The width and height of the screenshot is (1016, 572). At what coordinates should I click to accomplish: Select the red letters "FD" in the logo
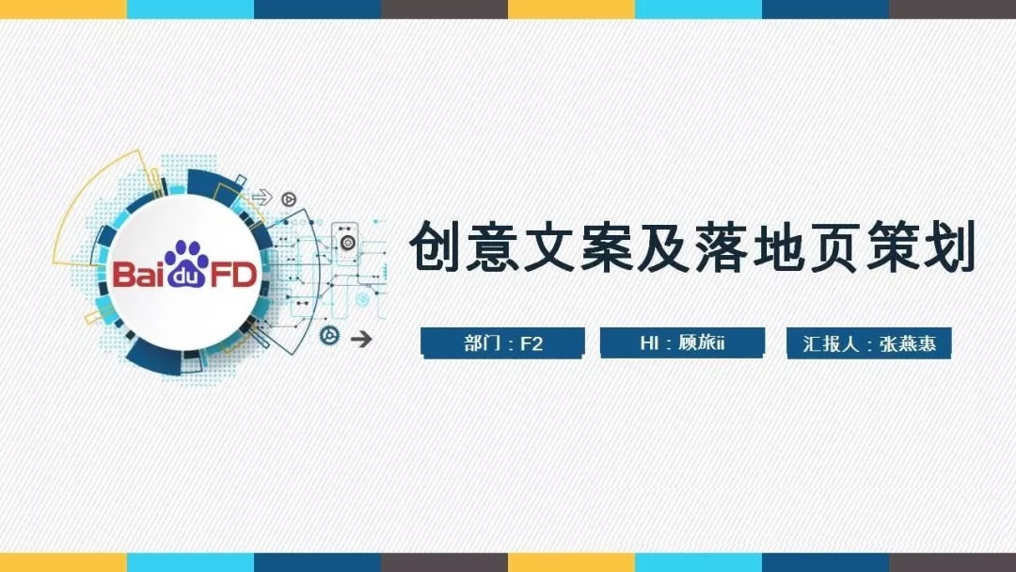pos(233,276)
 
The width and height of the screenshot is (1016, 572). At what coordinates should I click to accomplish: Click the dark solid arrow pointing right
pos(361,338)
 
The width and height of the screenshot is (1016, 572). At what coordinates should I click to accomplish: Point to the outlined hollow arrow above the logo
pos(262,197)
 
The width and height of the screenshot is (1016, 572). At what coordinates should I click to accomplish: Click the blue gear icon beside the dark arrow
pos(330,335)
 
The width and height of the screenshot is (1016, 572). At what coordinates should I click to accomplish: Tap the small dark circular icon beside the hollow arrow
pos(289,199)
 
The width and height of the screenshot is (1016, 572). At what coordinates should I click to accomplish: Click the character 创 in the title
pos(435,246)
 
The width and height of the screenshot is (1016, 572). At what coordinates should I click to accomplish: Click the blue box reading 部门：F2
pos(502,342)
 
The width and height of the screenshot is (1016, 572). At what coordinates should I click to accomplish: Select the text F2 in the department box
pos(532,343)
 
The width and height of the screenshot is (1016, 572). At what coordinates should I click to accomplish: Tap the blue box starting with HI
pos(682,342)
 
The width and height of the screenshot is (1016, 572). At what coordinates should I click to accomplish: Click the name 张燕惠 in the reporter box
pos(908,343)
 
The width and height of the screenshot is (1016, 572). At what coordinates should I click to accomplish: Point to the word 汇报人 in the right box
pos(831,343)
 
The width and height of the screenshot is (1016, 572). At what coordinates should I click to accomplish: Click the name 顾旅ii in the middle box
pos(701,342)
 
